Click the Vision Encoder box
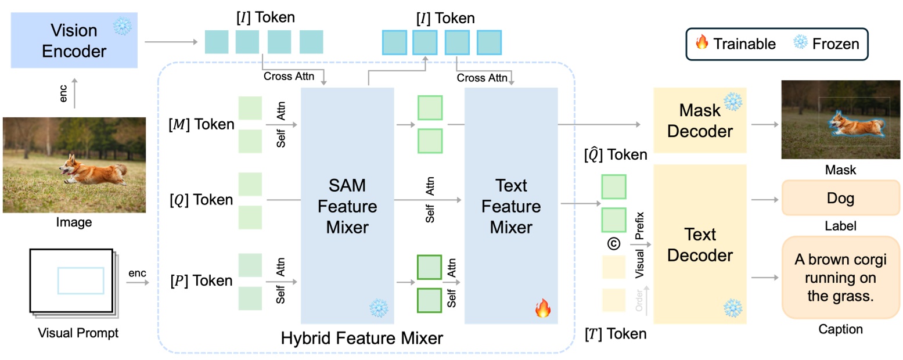(x=73, y=41)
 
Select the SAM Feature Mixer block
(x=347, y=206)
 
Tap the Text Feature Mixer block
(x=510, y=206)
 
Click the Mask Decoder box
(x=700, y=121)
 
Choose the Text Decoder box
(x=700, y=244)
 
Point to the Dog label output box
(x=840, y=199)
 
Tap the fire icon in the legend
(x=701, y=44)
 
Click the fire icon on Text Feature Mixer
(x=542, y=309)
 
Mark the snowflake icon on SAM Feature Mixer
(x=378, y=308)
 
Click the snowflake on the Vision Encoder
(x=123, y=27)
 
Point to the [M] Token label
(x=202, y=124)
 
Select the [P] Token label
(x=202, y=281)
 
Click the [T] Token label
(x=617, y=333)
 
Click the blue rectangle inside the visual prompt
(x=81, y=280)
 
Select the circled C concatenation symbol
(x=613, y=244)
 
